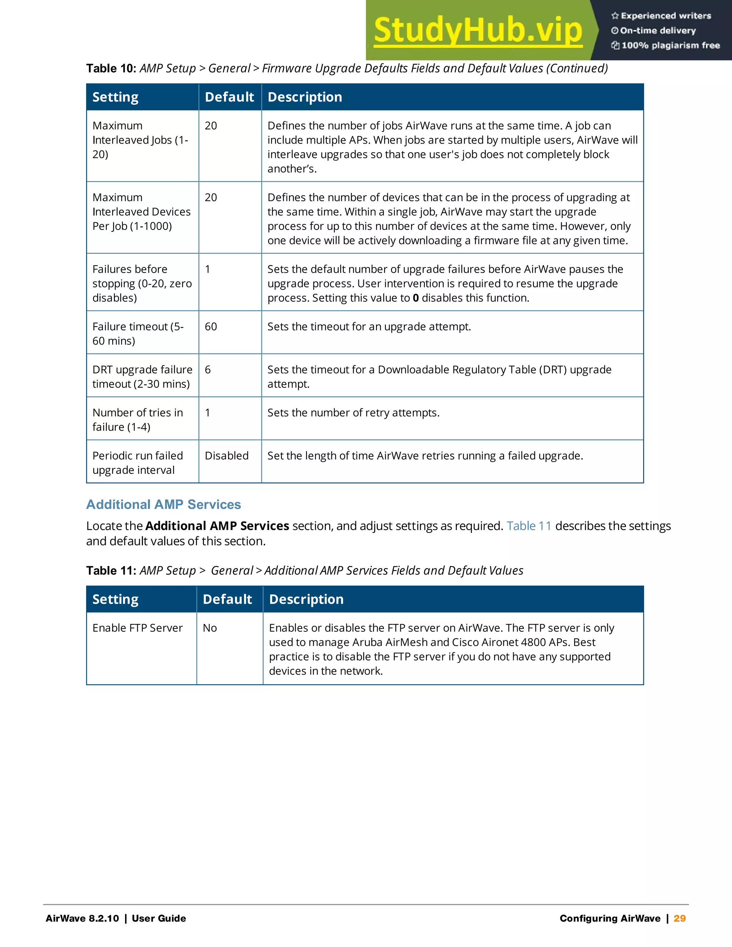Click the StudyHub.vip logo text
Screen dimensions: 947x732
tap(478, 30)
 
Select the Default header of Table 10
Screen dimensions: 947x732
tap(229, 97)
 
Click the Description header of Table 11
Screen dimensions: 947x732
tap(306, 599)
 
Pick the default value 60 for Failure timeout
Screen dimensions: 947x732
tap(211, 327)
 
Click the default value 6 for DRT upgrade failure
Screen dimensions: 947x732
tap(208, 370)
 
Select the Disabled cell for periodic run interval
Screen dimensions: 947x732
tap(226, 456)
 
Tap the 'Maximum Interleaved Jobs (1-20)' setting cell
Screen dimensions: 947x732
tap(140, 140)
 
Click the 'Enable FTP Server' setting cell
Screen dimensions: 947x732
tap(138, 628)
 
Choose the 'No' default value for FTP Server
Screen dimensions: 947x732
tap(210, 628)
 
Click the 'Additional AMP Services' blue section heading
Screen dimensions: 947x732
tap(163, 504)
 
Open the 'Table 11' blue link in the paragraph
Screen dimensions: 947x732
tap(529, 526)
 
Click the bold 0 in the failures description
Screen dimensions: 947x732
tap(415, 298)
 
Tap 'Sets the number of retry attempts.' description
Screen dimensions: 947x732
tap(353, 413)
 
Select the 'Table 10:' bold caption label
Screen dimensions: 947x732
tap(111, 69)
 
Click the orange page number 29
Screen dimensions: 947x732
tap(679, 918)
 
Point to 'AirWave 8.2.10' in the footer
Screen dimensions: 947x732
tap(82, 918)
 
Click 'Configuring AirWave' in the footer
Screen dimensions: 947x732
tap(610, 918)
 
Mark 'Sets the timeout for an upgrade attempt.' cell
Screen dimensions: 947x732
tap(369, 327)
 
